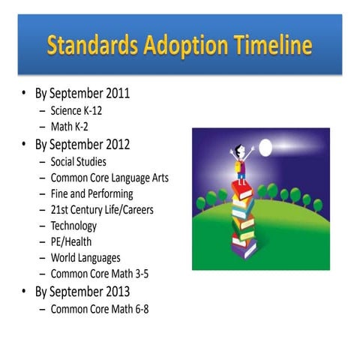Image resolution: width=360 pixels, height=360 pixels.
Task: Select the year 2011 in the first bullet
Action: (115, 94)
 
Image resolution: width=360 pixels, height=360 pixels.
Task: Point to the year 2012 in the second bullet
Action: (115, 144)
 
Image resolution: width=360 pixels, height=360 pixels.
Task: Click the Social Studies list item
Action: (78, 161)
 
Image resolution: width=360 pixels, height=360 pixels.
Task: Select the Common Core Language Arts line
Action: (109, 178)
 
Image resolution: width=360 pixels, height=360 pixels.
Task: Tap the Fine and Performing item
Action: (91, 193)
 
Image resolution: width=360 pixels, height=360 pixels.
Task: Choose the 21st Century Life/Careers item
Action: (102, 210)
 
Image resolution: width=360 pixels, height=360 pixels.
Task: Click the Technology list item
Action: (73, 226)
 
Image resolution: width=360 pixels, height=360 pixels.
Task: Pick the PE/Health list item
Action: (73, 241)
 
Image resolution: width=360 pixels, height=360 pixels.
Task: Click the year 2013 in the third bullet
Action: (115, 291)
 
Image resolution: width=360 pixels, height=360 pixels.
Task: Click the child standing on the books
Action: (242, 165)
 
